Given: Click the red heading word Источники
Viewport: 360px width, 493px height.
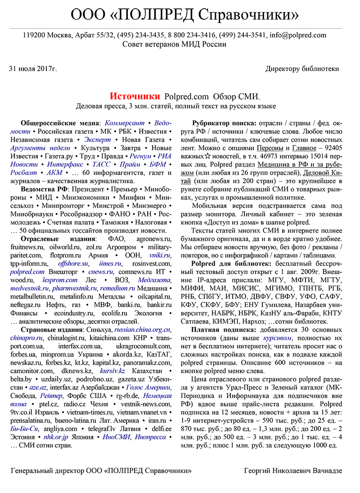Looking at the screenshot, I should (135, 96).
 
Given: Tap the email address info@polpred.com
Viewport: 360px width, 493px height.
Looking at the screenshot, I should (298, 35).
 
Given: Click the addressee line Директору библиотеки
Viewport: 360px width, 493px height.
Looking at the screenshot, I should (302, 69).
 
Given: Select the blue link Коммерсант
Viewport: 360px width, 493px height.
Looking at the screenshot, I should (125, 123).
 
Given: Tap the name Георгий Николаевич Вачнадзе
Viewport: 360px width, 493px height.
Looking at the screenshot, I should (293, 470).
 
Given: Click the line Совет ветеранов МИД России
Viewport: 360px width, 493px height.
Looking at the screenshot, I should (174, 44).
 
